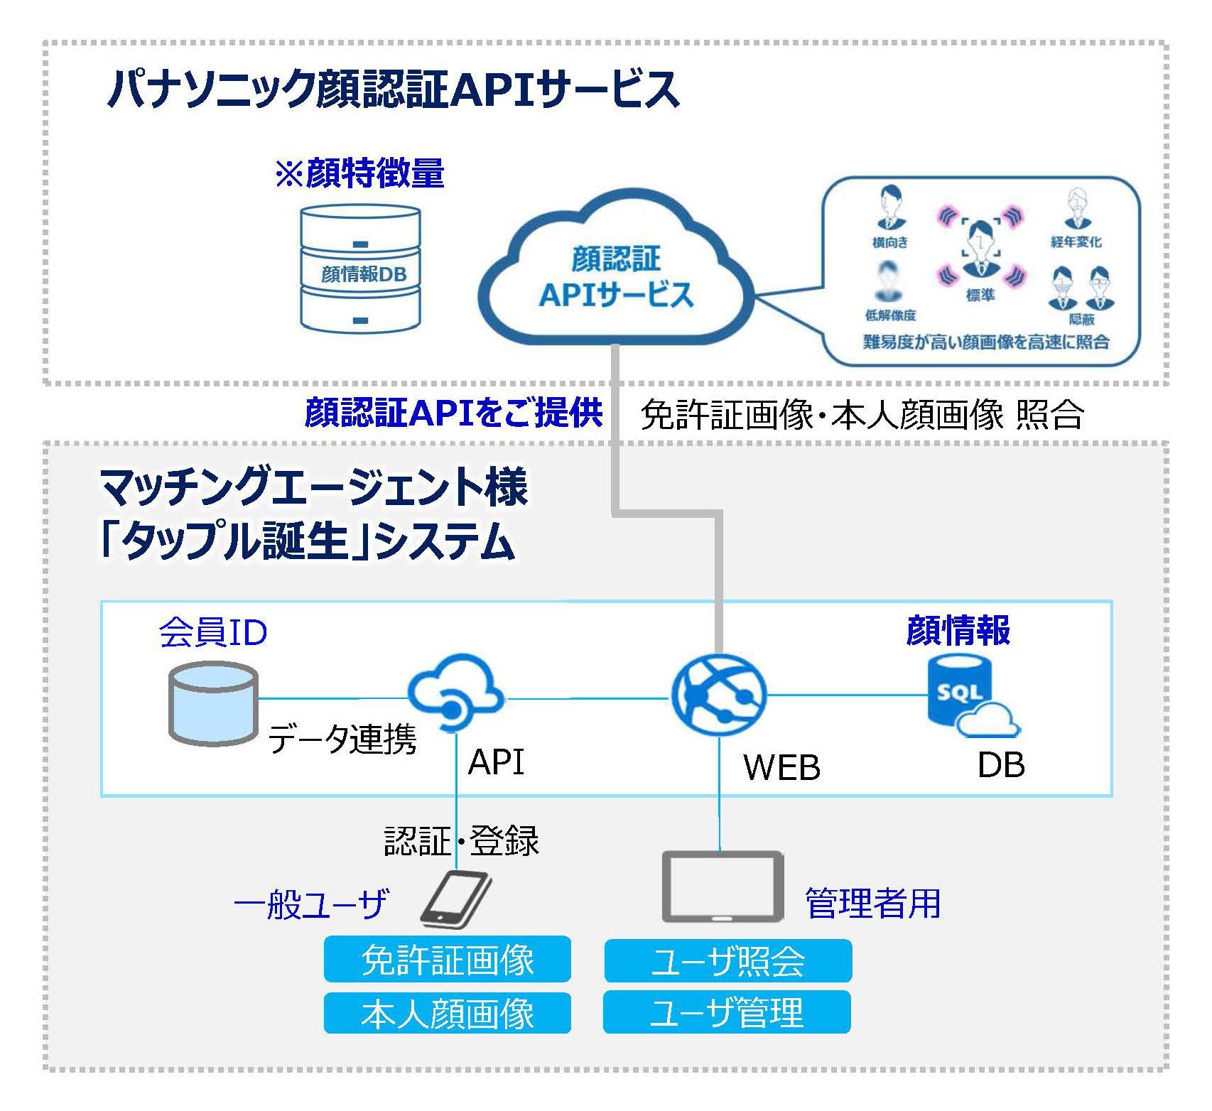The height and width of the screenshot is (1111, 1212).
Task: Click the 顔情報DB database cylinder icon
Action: click(x=360, y=268)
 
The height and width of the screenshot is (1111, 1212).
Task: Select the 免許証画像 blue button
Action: click(x=447, y=960)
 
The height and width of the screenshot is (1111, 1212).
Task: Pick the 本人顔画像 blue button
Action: click(x=447, y=1013)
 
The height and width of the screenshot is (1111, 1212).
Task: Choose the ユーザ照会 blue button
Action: click(x=727, y=960)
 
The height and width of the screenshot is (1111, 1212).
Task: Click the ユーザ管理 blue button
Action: click(x=726, y=1012)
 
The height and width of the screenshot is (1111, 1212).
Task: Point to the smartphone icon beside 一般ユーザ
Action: click(x=455, y=899)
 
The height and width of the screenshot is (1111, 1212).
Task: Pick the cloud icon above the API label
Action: click(x=455, y=692)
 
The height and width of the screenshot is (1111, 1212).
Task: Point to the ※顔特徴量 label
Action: click(x=359, y=173)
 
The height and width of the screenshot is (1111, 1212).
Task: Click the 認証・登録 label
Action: click(x=461, y=840)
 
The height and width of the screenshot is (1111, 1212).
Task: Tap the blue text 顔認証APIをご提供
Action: click(x=453, y=413)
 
